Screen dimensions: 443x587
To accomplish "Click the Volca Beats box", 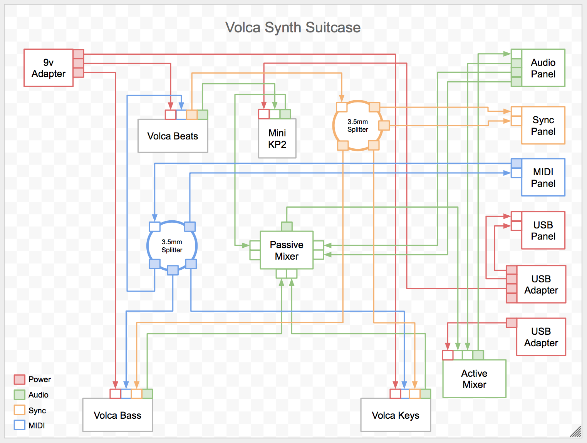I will [x=173, y=136].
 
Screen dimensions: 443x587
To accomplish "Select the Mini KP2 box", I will [x=277, y=139].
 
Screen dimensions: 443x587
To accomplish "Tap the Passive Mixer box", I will [x=287, y=250].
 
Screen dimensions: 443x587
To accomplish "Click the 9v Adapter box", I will [x=49, y=68].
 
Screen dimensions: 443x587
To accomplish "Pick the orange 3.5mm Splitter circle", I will [x=357, y=126].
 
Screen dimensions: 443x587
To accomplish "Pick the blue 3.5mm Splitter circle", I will [x=172, y=246].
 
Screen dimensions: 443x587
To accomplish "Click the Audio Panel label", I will [x=543, y=68].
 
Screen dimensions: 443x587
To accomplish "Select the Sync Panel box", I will [x=543, y=126].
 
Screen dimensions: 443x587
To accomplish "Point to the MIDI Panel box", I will [x=543, y=178].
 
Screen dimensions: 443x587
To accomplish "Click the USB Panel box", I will [x=543, y=230].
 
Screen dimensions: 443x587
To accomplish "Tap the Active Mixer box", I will [x=474, y=379].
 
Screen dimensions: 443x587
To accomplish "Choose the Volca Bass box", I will [x=117, y=415].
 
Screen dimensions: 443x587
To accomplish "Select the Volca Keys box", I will [x=396, y=415].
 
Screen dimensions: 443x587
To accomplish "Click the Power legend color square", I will [x=19, y=379].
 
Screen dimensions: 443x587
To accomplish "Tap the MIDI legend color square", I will [x=19, y=425].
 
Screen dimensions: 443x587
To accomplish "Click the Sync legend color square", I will [x=19, y=410].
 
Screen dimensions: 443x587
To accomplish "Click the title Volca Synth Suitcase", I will [x=293, y=27].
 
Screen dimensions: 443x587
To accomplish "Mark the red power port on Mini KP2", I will [x=264, y=114].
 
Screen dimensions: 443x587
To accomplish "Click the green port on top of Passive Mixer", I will [x=287, y=226].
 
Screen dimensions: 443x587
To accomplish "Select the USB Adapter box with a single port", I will [x=541, y=337].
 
